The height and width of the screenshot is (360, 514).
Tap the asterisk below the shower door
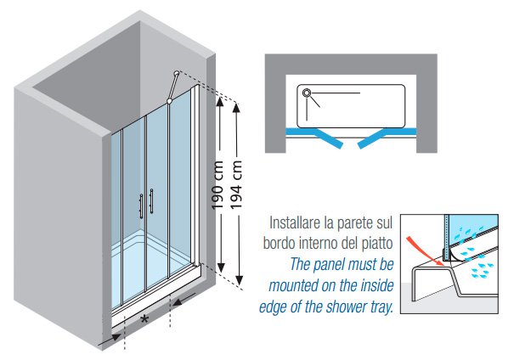[x=145, y=318]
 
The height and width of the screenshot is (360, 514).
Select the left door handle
[x=140, y=207]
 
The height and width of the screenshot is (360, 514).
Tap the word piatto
[x=379, y=245]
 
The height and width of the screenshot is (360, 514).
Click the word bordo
[x=274, y=245]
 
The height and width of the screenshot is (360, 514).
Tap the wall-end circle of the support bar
[x=176, y=74]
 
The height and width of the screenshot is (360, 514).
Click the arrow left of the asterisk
[x=110, y=338]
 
